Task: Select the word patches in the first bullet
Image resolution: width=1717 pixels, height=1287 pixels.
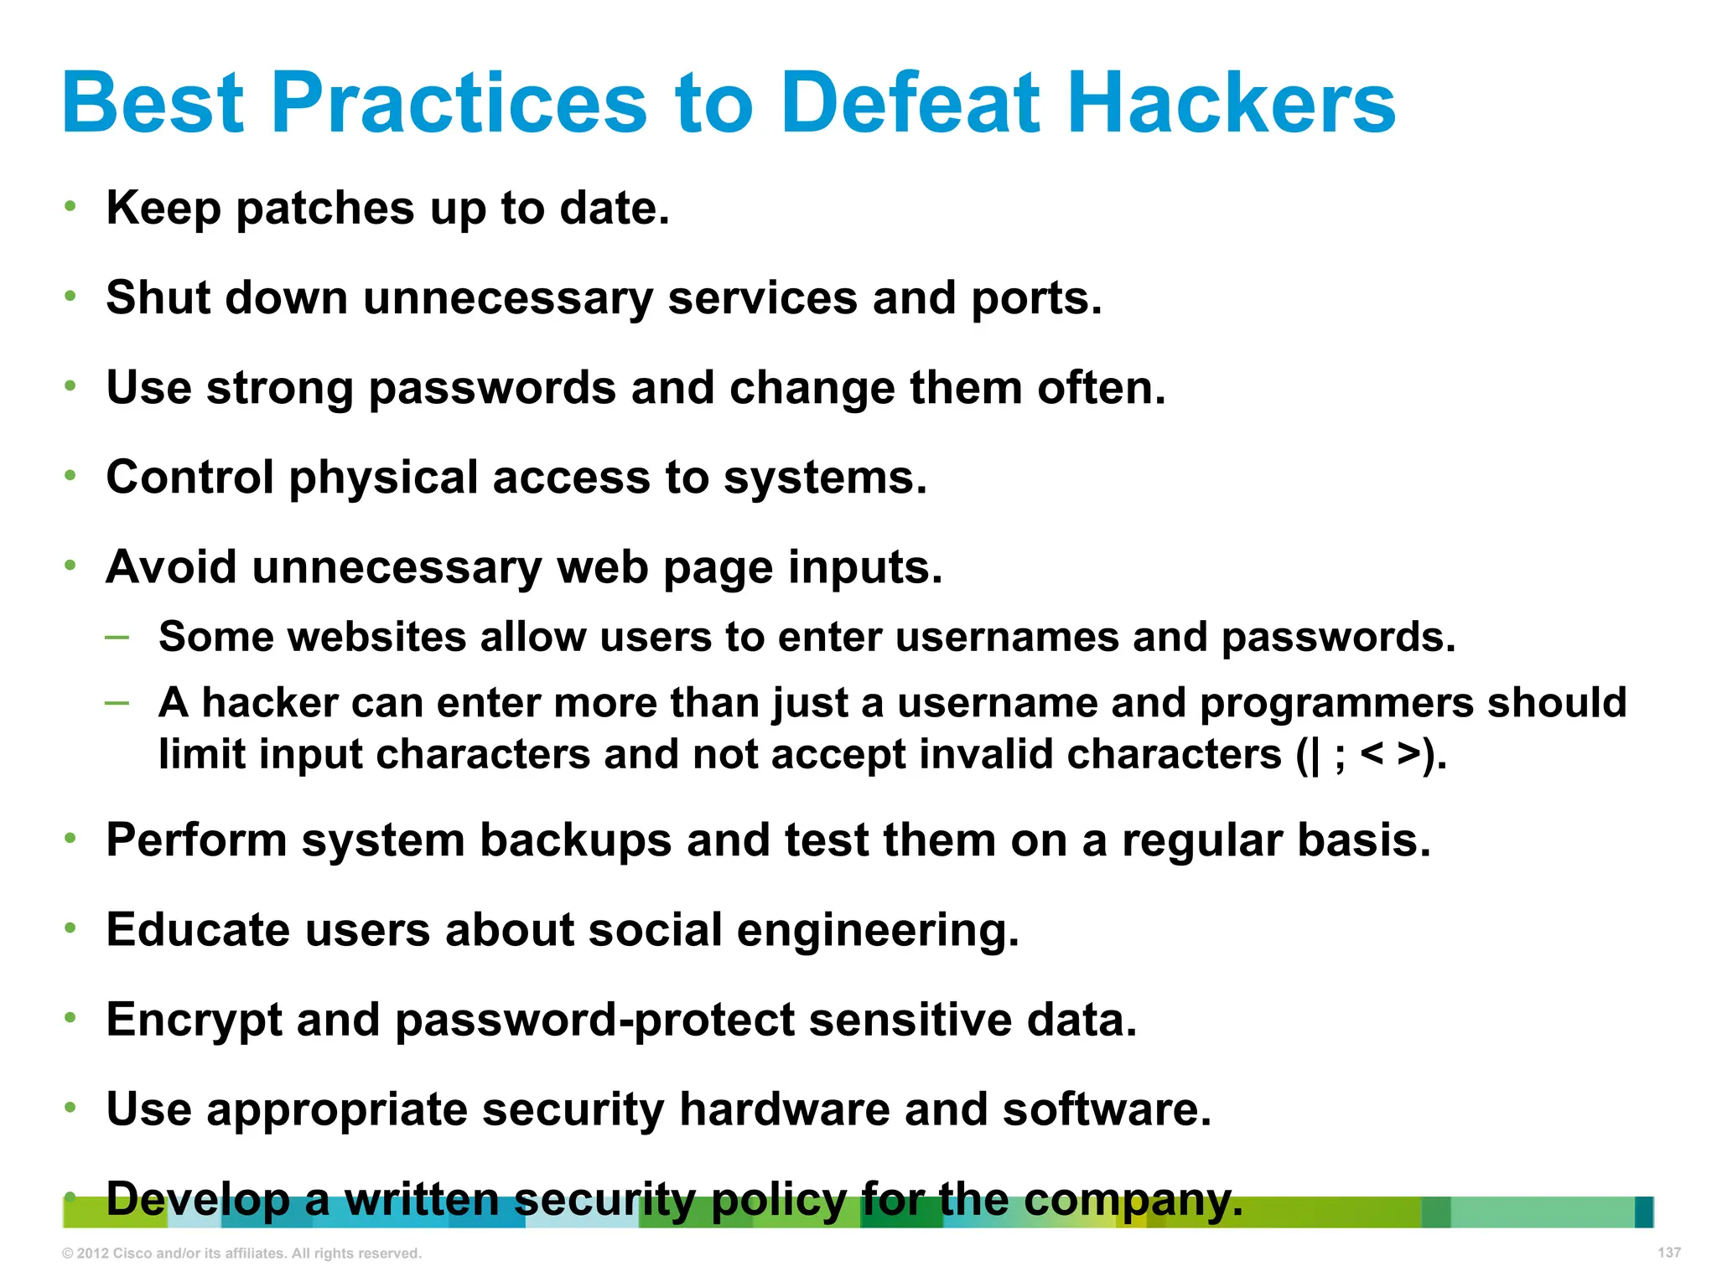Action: click(x=325, y=209)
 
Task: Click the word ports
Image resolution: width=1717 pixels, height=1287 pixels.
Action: click(x=1036, y=298)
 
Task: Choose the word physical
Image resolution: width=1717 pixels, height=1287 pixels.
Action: click(x=383, y=478)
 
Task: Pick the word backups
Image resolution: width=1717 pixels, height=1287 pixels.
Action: click(x=575, y=840)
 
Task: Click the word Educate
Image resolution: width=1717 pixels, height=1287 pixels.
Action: click(x=197, y=930)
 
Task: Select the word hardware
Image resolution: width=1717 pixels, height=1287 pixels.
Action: click(x=785, y=1110)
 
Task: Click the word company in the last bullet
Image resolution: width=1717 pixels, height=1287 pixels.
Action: click(x=1133, y=1200)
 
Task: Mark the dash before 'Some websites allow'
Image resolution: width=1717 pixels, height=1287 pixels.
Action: click(x=117, y=637)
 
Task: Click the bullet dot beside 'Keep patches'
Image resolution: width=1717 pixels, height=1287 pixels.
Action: click(x=71, y=206)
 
